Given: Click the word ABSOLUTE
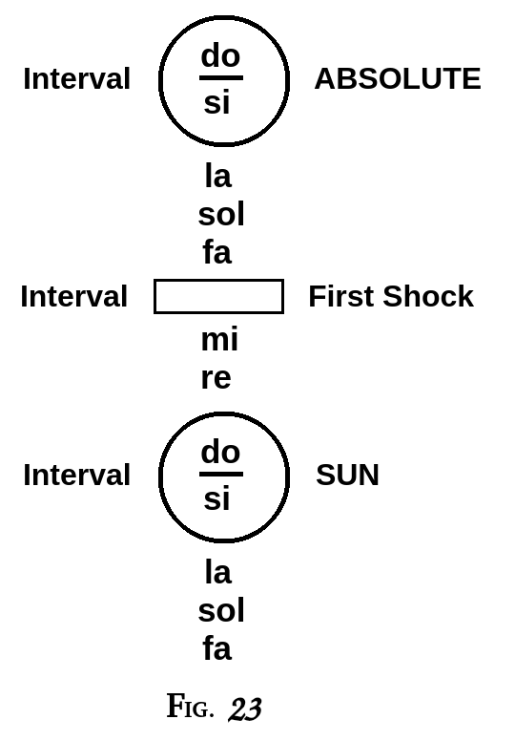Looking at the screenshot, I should click(397, 79).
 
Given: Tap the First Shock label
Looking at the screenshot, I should click(390, 297).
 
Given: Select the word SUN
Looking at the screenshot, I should click(347, 475).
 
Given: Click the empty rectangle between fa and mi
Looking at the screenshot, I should click(218, 297).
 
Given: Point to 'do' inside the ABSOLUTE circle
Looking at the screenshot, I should click(220, 56).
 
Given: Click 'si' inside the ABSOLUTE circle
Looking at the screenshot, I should click(216, 103).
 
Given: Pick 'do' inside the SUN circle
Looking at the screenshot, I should click(220, 452).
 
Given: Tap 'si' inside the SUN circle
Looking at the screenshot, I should click(216, 498).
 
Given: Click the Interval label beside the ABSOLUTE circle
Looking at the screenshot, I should click(76, 79).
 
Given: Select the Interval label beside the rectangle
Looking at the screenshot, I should click(73, 297).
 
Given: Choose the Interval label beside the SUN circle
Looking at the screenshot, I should click(76, 475).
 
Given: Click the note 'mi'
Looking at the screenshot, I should click(219, 340).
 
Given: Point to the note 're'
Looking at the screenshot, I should click(216, 378).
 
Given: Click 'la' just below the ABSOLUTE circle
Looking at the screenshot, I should click(217, 176).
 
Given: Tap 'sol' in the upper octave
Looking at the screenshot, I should click(221, 215).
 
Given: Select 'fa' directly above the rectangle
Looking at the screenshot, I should click(216, 253).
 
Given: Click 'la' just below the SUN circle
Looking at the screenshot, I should click(217, 572).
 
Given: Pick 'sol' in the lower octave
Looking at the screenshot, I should click(221, 611).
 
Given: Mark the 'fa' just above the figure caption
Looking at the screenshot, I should click(216, 649).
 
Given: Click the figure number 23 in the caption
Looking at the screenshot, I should click(244, 709).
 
